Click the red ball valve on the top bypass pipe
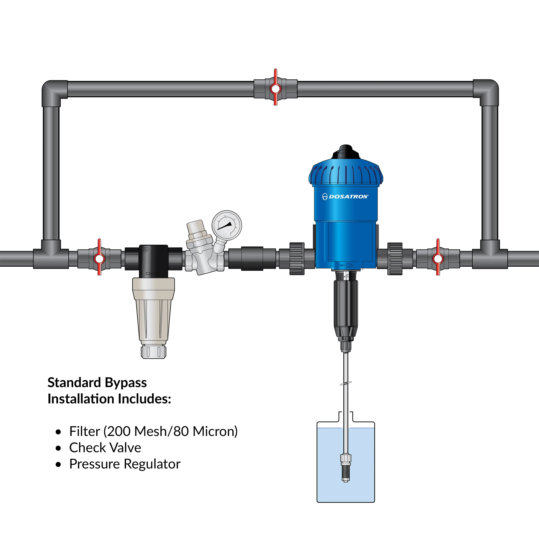(275, 89)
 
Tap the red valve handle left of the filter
(99, 258)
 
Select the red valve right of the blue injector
(438, 258)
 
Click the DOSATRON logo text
(348, 197)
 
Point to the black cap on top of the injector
(346, 152)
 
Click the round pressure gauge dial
(226, 225)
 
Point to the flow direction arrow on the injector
(346, 265)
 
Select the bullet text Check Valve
(105, 448)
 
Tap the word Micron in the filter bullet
(215, 431)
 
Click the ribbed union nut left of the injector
(297, 258)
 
